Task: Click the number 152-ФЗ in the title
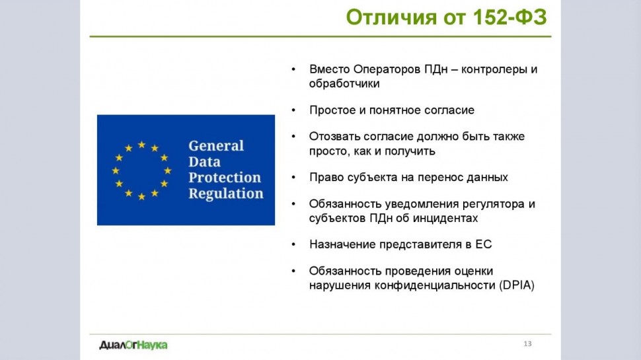pyautogui.click(x=509, y=17)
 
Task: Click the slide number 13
pyautogui.click(x=527, y=343)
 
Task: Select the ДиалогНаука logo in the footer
pyautogui.click(x=133, y=345)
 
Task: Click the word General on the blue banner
pyautogui.click(x=216, y=145)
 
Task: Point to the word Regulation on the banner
pyautogui.click(x=225, y=194)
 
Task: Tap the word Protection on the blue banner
pyautogui.click(x=225, y=177)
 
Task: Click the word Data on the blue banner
pyautogui.click(x=204, y=161)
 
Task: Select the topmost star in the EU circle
pyautogui.click(x=141, y=145)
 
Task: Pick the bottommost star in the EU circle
pyautogui.click(x=141, y=197)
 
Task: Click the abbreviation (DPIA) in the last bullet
pyautogui.click(x=517, y=285)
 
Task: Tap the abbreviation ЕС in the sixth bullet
pyautogui.click(x=484, y=244)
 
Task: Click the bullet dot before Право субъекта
pyautogui.click(x=293, y=177)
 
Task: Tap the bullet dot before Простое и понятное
pyautogui.click(x=293, y=110)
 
